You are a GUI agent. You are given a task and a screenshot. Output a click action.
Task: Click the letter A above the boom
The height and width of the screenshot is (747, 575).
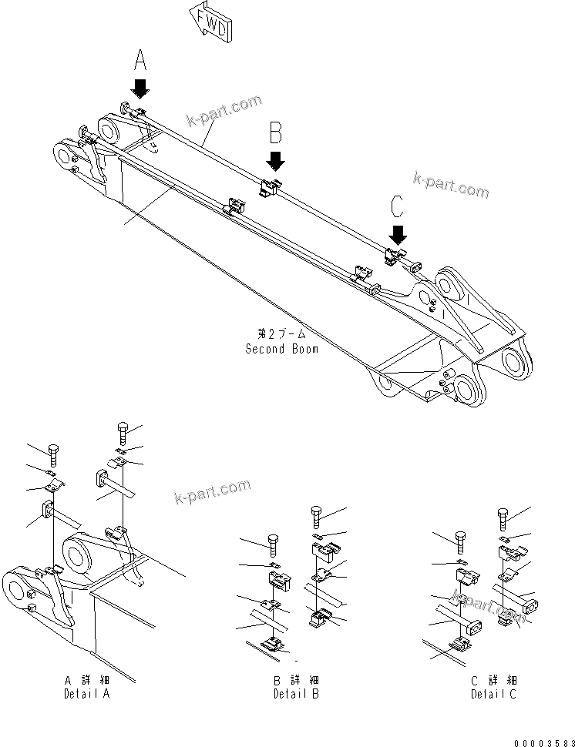(x=140, y=59)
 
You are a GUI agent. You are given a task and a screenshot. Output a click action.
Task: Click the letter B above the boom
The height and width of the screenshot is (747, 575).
(x=275, y=132)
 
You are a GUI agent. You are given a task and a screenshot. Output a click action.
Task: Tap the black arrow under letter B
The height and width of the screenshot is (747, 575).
(x=275, y=159)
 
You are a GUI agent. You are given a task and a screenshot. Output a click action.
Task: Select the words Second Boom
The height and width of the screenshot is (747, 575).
(x=281, y=348)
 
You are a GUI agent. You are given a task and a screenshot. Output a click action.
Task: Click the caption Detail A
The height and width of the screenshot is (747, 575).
(x=86, y=693)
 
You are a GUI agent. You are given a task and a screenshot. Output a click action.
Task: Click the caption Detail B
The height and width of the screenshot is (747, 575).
(x=295, y=693)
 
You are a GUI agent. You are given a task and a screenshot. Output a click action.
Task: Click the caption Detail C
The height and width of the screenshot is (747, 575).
(x=494, y=693)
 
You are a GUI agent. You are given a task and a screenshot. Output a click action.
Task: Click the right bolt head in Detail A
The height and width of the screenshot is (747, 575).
(x=122, y=427)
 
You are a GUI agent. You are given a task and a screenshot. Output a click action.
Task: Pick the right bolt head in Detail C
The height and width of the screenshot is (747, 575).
(x=503, y=514)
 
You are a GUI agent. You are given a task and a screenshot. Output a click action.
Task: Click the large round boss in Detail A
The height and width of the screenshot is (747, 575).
(x=79, y=554)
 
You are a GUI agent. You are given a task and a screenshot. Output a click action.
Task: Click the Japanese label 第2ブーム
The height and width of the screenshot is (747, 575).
(x=281, y=333)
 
